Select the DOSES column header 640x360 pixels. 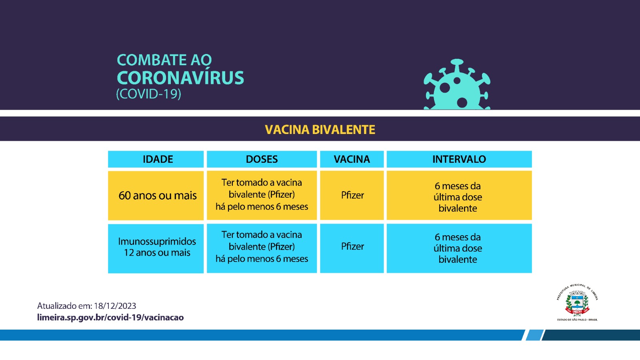[x=262, y=159]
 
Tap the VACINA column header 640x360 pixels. [x=352, y=159]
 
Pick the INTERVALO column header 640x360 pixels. [x=459, y=159]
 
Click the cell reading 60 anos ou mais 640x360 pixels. [x=157, y=196]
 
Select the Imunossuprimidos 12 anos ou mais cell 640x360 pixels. [x=157, y=247]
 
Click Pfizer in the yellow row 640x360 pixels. [x=352, y=195]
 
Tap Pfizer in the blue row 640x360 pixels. [x=352, y=246]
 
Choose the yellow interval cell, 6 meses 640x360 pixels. [x=458, y=197]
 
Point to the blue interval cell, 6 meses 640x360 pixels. [x=458, y=248]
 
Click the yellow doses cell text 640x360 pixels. [x=262, y=195]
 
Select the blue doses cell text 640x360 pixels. [x=262, y=247]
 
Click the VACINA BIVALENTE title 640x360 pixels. [x=320, y=130]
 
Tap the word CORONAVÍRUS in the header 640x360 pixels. [x=180, y=78]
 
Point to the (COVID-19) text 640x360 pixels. [x=148, y=94]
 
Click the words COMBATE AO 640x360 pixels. [x=164, y=60]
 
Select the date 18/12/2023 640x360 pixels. [x=115, y=306]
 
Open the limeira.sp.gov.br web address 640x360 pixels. [x=110, y=318]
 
